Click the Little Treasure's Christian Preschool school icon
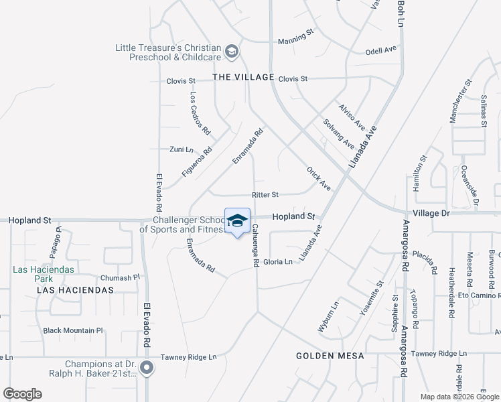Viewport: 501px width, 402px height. click(232, 51)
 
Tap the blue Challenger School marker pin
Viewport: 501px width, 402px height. click(237, 221)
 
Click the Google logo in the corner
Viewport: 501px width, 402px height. click(22, 394)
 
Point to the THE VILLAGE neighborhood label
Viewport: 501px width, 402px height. click(244, 77)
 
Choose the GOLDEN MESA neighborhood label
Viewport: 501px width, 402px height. click(330, 356)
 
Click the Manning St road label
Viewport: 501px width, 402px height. click(296, 40)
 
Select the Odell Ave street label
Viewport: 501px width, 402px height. click(381, 51)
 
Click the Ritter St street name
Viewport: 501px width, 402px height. click(265, 195)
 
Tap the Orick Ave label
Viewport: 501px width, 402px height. click(319, 178)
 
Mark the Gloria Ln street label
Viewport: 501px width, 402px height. click(278, 261)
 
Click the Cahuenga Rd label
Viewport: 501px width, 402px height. click(255, 245)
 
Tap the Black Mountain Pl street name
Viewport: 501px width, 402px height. click(73, 330)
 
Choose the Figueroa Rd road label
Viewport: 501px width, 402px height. click(197, 162)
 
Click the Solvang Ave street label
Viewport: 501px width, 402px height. click(338, 134)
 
